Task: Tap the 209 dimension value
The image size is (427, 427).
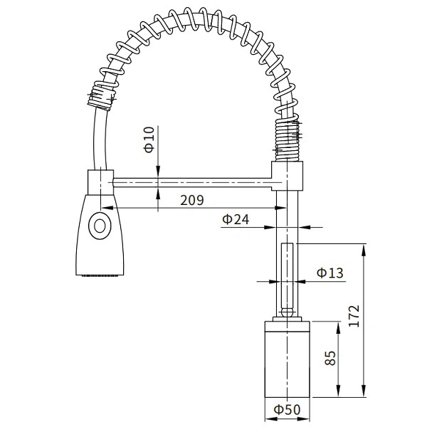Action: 191,201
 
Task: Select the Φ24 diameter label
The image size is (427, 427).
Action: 236,220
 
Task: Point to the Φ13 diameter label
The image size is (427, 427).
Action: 330,273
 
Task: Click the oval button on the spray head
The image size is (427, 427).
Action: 100,227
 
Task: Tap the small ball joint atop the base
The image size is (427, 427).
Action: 287,311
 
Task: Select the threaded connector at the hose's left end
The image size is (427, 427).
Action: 102,95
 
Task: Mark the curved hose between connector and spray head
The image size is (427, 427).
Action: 95,139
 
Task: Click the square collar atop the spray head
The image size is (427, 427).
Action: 99,181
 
